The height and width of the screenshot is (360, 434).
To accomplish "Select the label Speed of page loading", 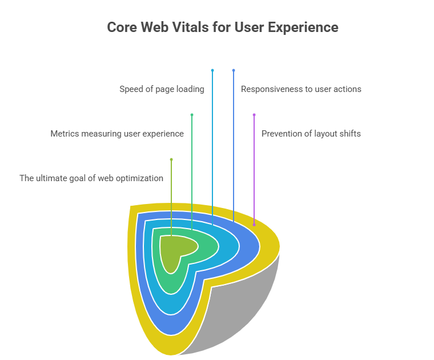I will click(162, 89).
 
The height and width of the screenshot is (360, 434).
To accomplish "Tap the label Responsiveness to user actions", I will click(301, 89).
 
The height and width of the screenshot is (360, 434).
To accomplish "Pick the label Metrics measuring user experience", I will click(117, 134).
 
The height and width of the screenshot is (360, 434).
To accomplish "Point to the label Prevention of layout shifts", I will click(311, 134).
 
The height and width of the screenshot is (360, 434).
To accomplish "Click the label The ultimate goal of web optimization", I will click(91, 178).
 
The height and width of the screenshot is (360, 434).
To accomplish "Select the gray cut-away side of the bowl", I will click(240, 309).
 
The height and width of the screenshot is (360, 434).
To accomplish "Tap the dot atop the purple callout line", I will click(254, 115).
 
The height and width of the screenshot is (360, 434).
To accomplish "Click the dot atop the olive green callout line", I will click(171, 159).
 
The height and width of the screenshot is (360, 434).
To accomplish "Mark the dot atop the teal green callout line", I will click(192, 115).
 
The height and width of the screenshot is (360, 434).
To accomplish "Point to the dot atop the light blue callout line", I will click(212, 70).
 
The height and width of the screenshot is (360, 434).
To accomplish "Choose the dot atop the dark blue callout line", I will click(234, 70).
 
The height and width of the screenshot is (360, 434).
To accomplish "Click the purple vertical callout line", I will click(254, 171).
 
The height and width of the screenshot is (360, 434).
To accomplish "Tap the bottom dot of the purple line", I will click(254, 225).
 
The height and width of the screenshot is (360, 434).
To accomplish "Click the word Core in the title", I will click(120, 27).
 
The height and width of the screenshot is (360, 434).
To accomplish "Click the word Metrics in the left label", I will click(65, 134).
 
